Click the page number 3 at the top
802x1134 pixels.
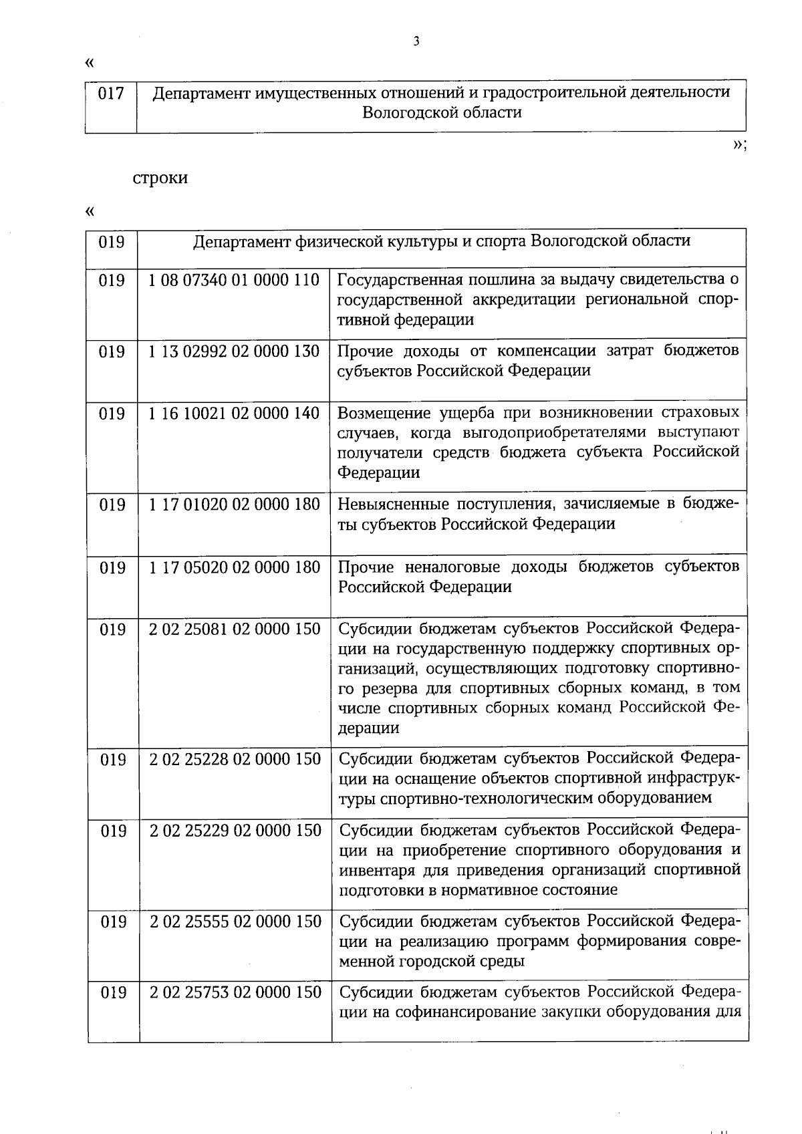pyautogui.click(x=416, y=41)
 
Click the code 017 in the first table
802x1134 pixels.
pyautogui.click(x=111, y=94)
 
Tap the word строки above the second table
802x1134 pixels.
pyautogui.click(x=160, y=178)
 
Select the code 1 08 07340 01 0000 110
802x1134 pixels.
pyautogui.click(x=234, y=280)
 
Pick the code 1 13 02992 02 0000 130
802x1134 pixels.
pyautogui.click(x=234, y=351)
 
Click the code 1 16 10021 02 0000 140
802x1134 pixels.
pyautogui.click(x=234, y=414)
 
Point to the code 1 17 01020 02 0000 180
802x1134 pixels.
pyautogui.click(x=234, y=505)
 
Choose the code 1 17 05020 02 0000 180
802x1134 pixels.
pyautogui.click(x=234, y=567)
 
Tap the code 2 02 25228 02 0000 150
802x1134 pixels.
pyautogui.click(x=235, y=759)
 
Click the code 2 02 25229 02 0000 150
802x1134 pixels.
pyautogui.click(x=235, y=831)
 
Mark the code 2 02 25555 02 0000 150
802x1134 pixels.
pyautogui.click(x=235, y=922)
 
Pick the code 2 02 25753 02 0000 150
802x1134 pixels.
pyautogui.click(x=235, y=992)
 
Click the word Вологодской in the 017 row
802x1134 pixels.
pyautogui.click(x=405, y=112)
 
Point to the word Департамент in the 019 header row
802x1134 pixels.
pyautogui.click(x=242, y=241)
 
